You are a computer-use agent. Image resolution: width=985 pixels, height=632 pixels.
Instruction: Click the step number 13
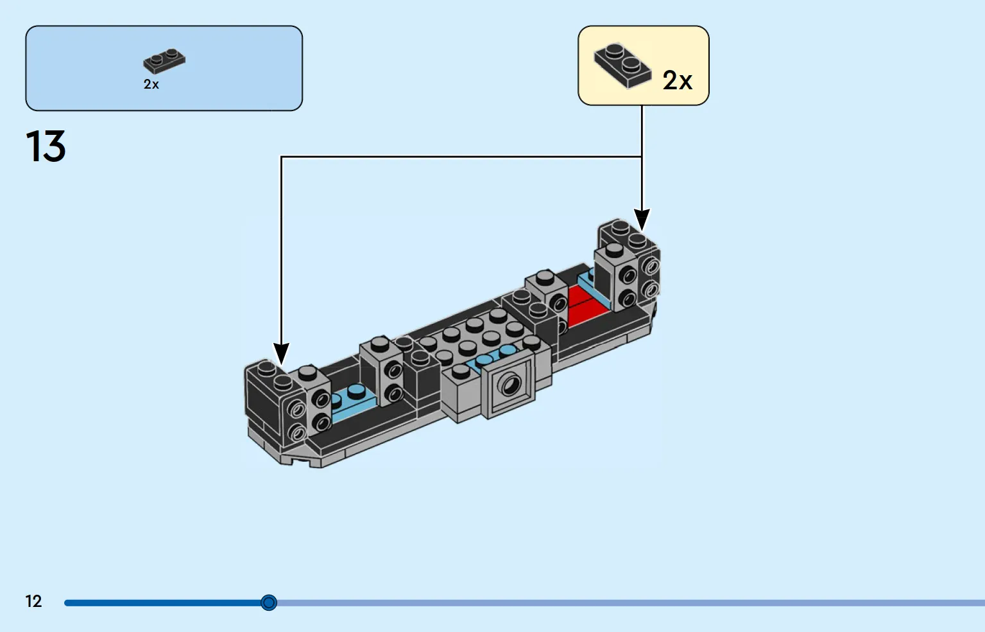[x=46, y=146]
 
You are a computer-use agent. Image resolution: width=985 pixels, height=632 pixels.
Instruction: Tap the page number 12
[x=33, y=601]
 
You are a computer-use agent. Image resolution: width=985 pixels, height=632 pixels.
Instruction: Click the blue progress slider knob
[x=269, y=602]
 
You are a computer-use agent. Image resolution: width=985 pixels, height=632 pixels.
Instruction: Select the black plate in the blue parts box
[x=164, y=61]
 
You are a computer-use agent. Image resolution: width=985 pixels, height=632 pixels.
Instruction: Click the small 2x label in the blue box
[x=151, y=84]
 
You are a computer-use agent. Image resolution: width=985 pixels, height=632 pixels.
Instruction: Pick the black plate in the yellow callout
[x=622, y=66]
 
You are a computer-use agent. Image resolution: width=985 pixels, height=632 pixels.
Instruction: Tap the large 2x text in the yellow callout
[x=678, y=80]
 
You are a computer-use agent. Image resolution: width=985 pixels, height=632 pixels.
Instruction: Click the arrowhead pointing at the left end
[x=282, y=354]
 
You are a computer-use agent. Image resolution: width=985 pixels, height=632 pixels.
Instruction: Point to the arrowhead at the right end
[x=642, y=220]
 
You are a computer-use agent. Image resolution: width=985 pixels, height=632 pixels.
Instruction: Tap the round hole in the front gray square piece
[x=510, y=385]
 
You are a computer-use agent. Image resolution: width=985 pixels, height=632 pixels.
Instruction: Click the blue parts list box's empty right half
[x=233, y=68]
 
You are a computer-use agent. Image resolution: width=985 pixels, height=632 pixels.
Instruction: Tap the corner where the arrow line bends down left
[x=282, y=157]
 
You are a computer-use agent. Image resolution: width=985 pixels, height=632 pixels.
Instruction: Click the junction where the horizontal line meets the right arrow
[x=642, y=157]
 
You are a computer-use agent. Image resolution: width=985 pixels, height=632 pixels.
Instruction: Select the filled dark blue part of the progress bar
[x=163, y=602]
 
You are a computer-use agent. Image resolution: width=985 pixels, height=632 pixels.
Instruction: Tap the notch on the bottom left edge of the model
[x=301, y=461]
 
